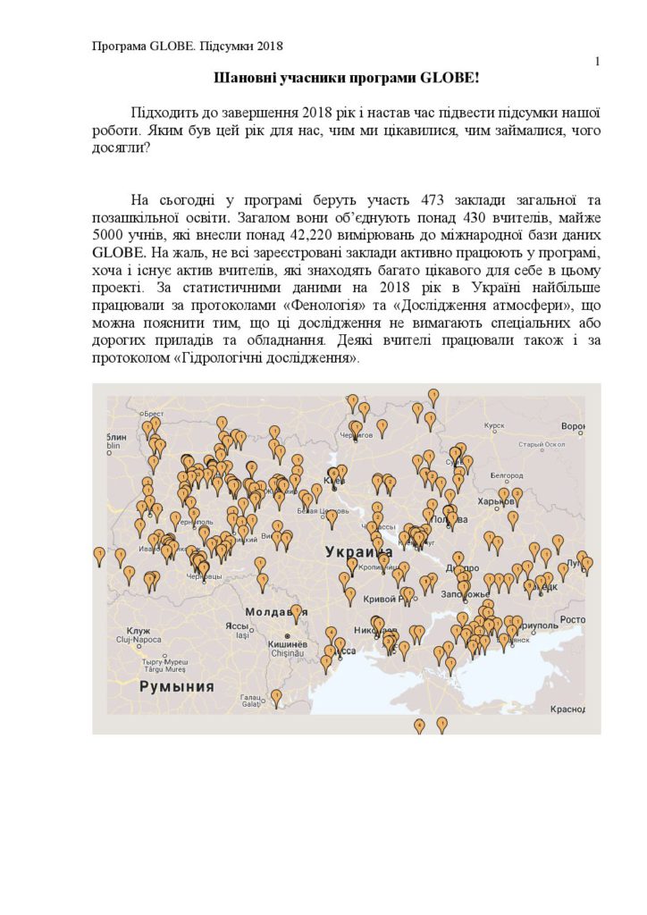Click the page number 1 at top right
pos(596,61)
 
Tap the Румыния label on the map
pos(177,686)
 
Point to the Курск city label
pos(494,426)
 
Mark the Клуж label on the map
pos(140,631)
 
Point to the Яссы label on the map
pos(237,625)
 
